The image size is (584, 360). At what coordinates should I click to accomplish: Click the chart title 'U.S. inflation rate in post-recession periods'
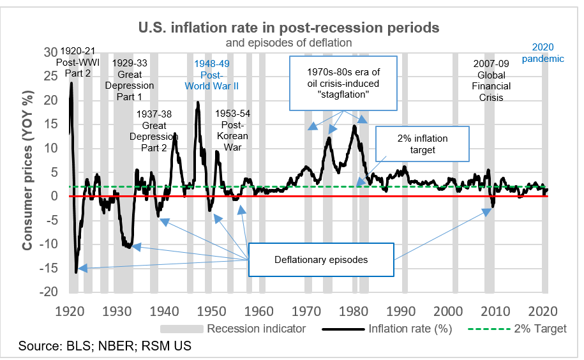(x=288, y=28)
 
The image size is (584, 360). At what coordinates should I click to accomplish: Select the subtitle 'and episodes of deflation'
(x=288, y=43)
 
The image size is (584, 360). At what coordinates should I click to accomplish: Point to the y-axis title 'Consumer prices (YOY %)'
(x=28, y=172)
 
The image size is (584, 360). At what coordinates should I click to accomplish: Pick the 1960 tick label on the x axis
(x=259, y=311)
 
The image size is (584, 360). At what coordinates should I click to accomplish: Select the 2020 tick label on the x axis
(x=543, y=311)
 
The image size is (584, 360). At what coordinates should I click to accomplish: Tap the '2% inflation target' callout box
(x=422, y=145)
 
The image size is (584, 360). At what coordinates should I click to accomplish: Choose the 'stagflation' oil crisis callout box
(x=343, y=81)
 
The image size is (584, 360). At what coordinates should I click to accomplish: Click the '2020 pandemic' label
(x=543, y=53)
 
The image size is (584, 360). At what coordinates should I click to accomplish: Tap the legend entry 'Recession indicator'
(x=255, y=329)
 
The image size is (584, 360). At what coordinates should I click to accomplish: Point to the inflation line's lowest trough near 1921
(x=76, y=272)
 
